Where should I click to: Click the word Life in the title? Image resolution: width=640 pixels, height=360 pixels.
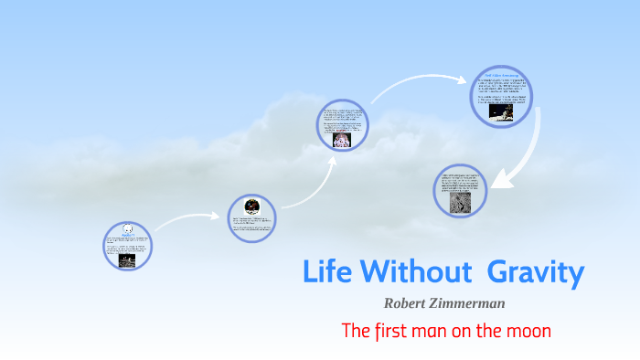[x=327, y=271]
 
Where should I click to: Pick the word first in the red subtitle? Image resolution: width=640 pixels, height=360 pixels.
[x=392, y=330]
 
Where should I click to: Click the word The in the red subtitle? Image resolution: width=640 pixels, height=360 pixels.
[x=355, y=330]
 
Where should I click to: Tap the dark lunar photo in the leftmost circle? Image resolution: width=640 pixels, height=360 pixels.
[x=128, y=258]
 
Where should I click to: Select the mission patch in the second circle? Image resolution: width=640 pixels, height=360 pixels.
[x=251, y=208]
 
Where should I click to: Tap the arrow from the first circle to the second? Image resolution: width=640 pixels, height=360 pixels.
[x=187, y=219]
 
